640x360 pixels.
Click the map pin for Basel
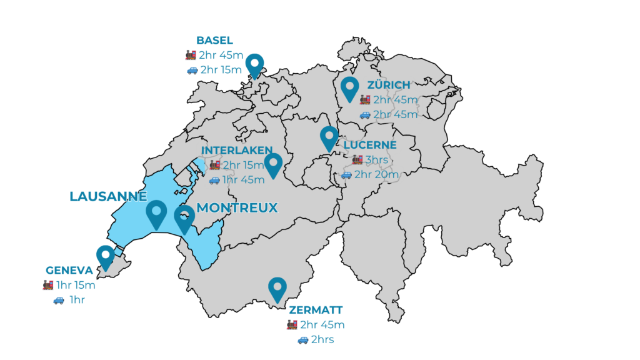[x=254, y=64]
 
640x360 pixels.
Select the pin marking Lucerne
[x=329, y=137]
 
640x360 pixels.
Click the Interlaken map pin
[x=273, y=164]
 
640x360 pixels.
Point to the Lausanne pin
[x=156, y=213]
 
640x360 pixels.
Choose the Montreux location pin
[x=184, y=218]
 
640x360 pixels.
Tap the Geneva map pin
[x=105, y=256]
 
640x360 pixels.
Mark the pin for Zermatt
[x=277, y=288]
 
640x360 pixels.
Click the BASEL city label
[x=214, y=41]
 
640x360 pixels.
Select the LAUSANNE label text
[x=107, y=196]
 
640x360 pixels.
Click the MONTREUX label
[x=237, y=207]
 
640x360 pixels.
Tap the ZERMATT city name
[x=316, y=310]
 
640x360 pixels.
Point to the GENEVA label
[x=69, y=271]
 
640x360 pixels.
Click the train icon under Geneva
[x=48, y=286]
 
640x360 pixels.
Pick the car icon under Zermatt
[x=302, y=340]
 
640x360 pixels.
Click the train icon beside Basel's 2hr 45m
[x=191, y=55]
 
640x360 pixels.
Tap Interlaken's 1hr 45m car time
[x=244, y=180]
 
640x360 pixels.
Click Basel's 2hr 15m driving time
[x=221, y=70]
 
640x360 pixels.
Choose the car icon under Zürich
[x=365, y=114]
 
